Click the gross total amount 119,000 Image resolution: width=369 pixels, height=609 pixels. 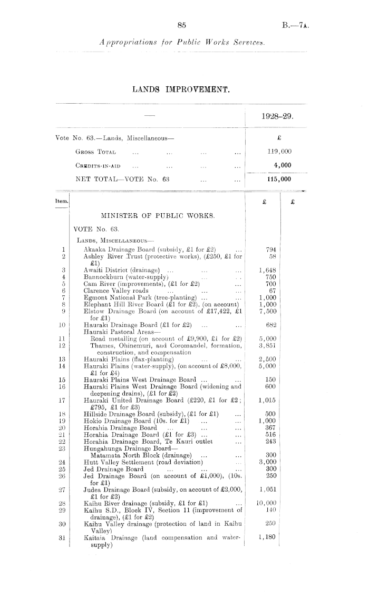pyautogui.click(x=280, y=151)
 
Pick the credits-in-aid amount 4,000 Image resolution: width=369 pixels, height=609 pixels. pyautogui.click(x=282, y=165)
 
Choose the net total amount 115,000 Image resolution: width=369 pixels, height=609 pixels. pyautogui.click(x=280, y=179)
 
